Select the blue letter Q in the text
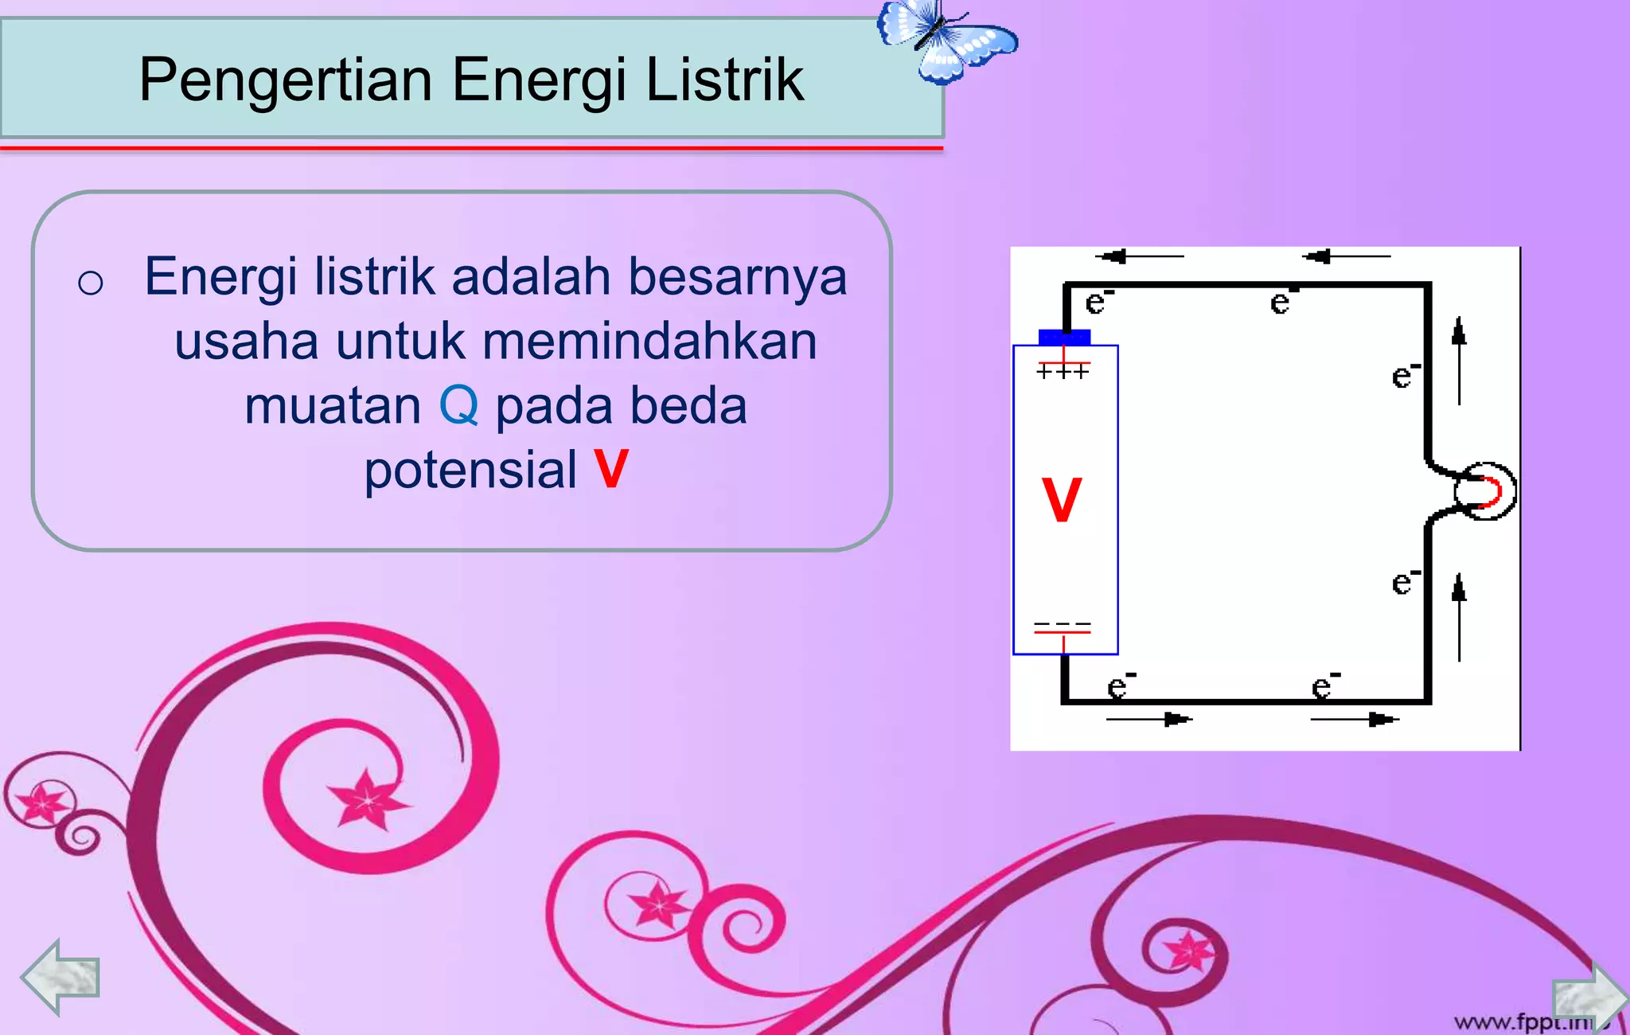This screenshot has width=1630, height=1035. pos(458,405)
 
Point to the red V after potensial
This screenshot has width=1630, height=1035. pos(611,469)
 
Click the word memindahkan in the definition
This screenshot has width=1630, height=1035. pos(649,342)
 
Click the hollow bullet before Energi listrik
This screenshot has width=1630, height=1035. pos(91,283)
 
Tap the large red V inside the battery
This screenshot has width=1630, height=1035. pos(1062,500)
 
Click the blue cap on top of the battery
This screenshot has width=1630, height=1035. pos(1064,337)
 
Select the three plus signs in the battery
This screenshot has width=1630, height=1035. pos(1063,371)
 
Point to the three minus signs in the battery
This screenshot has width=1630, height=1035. pos(1062,624)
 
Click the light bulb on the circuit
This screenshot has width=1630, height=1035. pos(1485,491)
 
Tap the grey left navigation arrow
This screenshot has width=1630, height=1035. pos(60,977)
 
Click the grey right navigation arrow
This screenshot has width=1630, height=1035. pos(1589,998)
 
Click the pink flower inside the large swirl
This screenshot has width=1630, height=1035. pos(368,799)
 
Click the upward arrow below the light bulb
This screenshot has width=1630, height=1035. pos(1459,617)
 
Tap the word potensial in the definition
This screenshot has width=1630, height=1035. pos(470,469)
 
